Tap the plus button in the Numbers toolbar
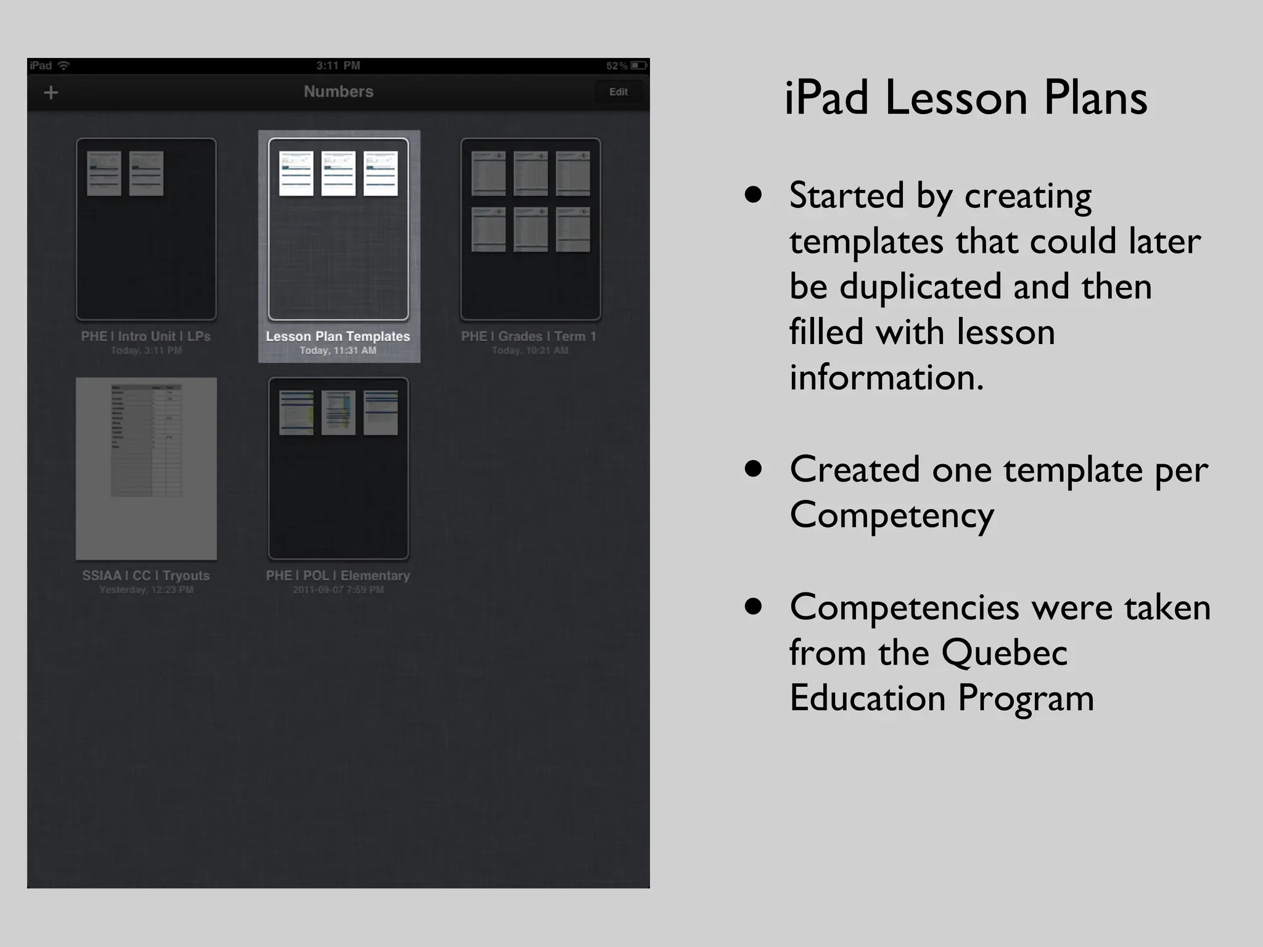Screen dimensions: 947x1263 tap(51, 92)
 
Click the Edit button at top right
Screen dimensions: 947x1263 tap(618, 92)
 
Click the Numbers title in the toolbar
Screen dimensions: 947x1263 tap(338, 91)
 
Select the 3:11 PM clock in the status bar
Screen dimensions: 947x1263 tap(338, 65)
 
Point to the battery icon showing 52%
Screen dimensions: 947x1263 tap(638, 65)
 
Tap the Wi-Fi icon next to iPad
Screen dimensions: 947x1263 tap(64, 65)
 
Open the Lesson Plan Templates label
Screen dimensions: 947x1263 tap(338, 336)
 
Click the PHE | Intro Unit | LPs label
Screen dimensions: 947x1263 tap(146, 336)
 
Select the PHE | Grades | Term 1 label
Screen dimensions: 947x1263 tap(529, 336)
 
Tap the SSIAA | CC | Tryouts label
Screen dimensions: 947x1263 tap(146, 575)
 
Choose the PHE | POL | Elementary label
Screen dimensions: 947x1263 tap(338, 575)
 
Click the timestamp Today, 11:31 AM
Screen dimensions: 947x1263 tap(338, 350)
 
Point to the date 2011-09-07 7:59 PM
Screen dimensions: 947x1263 tap(338, 589)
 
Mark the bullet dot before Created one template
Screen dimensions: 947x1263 tap(753, 469)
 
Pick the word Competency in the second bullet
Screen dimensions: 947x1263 tap(892, 515)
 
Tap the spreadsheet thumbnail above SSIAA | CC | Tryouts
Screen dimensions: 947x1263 tap(146, 468)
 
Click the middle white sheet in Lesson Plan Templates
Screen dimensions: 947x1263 tap(338, 173)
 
